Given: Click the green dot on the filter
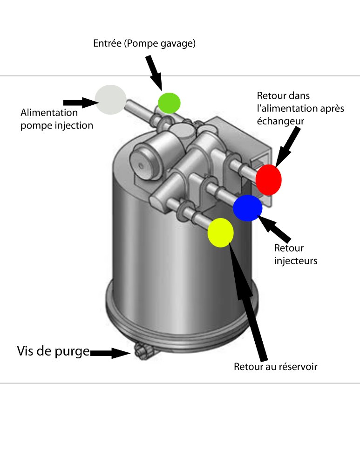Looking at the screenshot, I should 169,103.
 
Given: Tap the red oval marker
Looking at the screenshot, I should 269,179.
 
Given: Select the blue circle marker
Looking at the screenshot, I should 247,208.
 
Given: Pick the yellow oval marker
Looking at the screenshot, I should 220,232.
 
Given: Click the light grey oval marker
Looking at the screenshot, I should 110,99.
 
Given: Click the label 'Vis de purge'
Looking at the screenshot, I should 53,350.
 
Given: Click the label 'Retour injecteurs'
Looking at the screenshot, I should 296,254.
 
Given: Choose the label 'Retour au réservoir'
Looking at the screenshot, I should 275,367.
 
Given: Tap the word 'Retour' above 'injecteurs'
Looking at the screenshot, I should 289,248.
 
